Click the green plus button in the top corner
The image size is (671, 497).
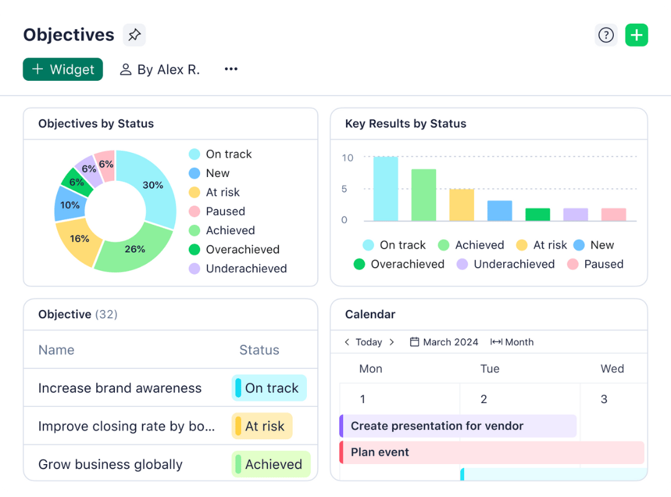point(636,35)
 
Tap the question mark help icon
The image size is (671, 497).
point(606,35)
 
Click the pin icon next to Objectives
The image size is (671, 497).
point(134,35)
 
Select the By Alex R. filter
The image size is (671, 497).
point(160,70)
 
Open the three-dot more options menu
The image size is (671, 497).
point(231,70)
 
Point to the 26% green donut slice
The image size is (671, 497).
point(134,248)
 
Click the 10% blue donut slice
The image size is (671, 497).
point(69,205)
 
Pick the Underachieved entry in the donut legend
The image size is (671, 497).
point(246,268)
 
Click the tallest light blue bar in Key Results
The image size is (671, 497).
point(385,189)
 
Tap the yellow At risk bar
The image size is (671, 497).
point(462,205)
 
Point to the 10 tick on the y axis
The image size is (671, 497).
point(347,158)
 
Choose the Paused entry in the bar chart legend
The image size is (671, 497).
point(603,264)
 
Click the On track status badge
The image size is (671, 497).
point(269,388)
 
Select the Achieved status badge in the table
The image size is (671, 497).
point(271,464)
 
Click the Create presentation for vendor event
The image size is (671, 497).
point(459,426)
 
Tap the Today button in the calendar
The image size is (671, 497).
point(368,342)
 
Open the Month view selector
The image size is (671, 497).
point(513,342)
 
